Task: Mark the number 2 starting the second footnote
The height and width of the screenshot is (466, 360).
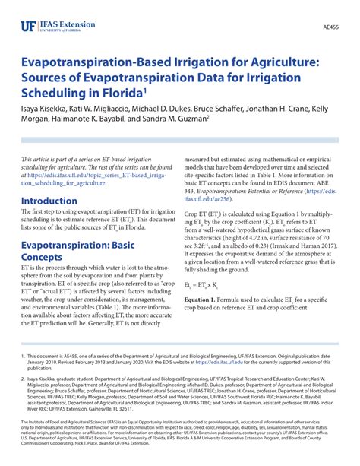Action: [x=24, y=376]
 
